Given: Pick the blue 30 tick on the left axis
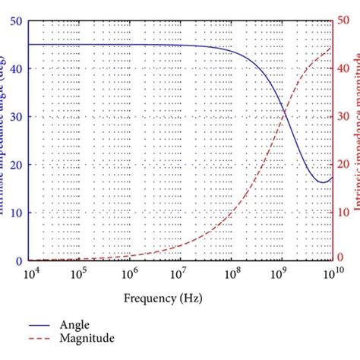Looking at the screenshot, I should (x=16, y=117).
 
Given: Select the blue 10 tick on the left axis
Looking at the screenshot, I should (x=16, y=213).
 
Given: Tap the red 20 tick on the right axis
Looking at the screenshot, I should (x=344, y=165).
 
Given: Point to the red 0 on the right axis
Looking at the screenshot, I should (x=341, y=259).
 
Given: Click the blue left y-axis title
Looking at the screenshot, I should (x=5, y=141).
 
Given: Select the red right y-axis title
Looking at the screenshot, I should (x=355, y=141).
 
